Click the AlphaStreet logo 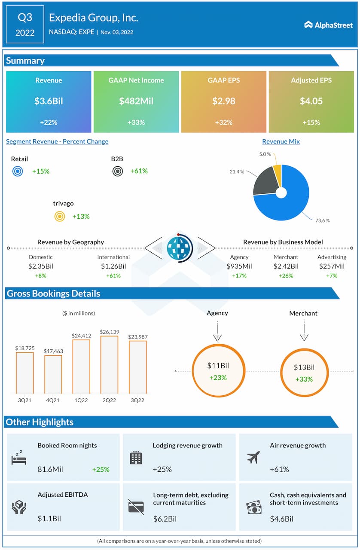point(328,24)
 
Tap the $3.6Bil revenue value point(49,101)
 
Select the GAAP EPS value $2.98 point(223,101)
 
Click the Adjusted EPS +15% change point(311,122)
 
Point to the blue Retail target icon point(18,171)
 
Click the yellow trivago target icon point(59,217)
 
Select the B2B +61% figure point(139,171)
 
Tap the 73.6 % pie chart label point(322,220)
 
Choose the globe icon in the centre point(180,248)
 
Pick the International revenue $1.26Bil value point(113,266)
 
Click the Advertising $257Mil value point(332,266)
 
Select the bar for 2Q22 point(109,365)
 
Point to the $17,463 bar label point(53,351)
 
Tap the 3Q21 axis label point(24,400)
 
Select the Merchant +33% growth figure point(304,379)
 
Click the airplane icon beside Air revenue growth point(253,458)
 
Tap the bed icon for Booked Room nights point(19,459)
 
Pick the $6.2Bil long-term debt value point(165,519)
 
